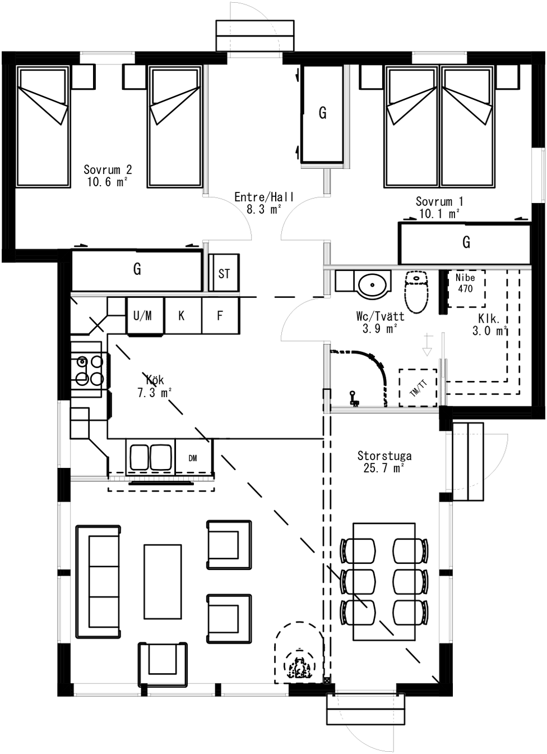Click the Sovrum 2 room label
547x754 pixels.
pos(108,169)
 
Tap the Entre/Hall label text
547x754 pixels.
pos(264,196)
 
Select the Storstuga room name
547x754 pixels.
pos(384,456)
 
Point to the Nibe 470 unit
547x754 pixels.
pos(466,288)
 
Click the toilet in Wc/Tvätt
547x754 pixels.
pos(417,292)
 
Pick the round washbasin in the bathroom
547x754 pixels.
pos(372,285)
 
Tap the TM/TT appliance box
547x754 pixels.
pos(418,388)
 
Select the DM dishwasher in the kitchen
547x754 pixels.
pos(193,457)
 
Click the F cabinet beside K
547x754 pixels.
pos(220,316)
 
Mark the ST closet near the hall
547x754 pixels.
pos(224,273)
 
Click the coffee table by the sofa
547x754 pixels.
pos(163,582)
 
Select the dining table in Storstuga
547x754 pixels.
pos(384,581)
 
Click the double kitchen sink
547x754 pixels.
pos(150,457)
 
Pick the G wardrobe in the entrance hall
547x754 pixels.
pos(323,114)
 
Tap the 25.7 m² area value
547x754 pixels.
pos(383,468)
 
